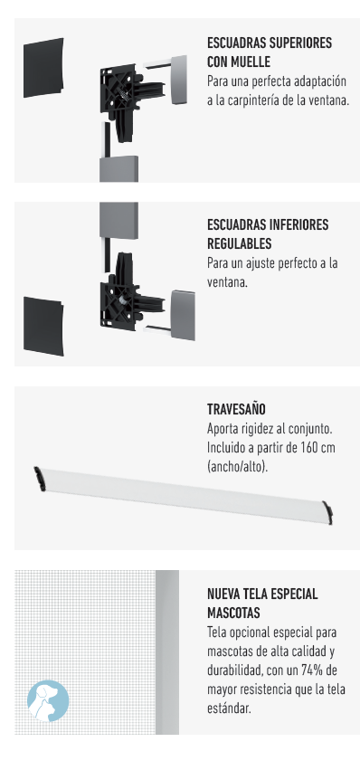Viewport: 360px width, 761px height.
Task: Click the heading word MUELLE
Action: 252,62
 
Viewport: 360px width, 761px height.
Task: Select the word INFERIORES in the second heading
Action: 298,224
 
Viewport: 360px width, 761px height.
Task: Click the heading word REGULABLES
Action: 239,243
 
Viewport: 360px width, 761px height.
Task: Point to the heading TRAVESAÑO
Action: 236,409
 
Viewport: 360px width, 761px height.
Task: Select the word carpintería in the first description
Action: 251,101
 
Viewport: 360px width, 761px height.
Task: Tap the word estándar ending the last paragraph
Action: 230,709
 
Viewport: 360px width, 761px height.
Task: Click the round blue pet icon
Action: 48,700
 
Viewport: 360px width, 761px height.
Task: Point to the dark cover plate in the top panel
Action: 43,67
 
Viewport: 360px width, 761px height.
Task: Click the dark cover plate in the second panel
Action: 43,326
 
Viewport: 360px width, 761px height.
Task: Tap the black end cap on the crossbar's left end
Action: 38,479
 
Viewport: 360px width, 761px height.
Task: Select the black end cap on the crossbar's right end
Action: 329,513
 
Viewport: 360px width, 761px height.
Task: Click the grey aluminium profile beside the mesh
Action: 167,652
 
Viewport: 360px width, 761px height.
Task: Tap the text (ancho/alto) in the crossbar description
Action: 237,467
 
